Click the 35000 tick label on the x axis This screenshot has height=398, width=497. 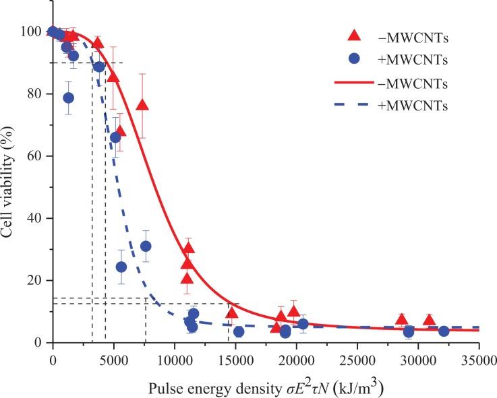tap(478, 358)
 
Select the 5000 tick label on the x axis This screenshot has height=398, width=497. tap(113, 358)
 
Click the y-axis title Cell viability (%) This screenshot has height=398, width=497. tap(10, 182)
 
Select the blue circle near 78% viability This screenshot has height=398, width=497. tap(68, 98)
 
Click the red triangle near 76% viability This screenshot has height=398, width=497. tap(142, 105)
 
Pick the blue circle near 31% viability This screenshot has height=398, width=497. tap(146, 246)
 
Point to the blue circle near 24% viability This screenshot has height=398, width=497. tap(121, 267)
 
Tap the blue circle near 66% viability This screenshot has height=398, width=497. tap(115, 137)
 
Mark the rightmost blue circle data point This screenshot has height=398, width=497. tap(444, 331)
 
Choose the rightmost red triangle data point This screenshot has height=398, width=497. tap(429, 320)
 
